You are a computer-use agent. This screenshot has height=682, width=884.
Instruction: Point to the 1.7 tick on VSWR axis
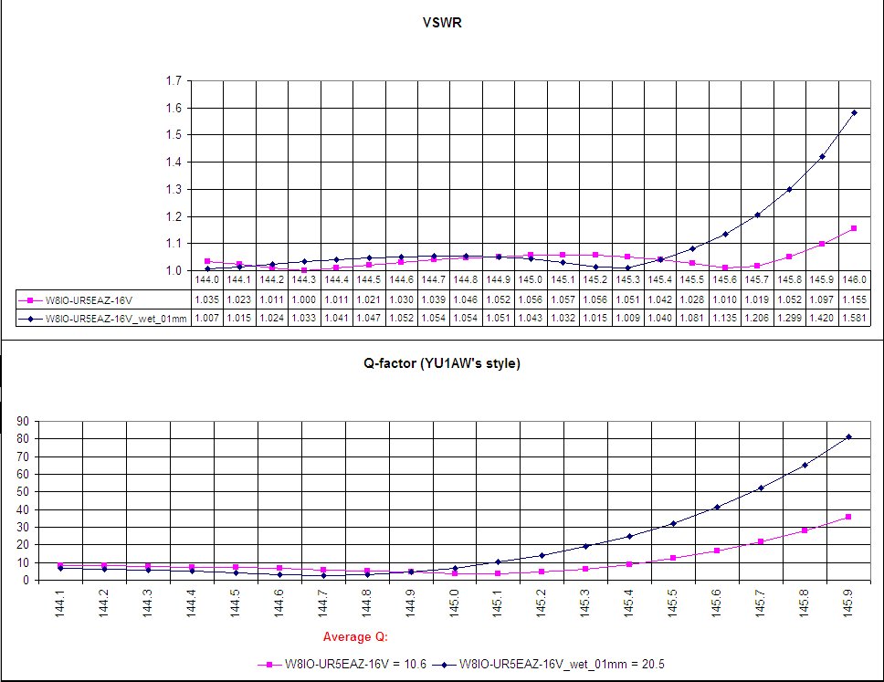174,81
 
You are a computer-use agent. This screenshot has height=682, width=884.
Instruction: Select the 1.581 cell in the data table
854,316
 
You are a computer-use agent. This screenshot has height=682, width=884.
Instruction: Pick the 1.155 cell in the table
854,299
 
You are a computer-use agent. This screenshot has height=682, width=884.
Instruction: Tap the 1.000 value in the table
304,299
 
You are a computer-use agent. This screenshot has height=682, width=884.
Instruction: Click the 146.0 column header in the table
854,280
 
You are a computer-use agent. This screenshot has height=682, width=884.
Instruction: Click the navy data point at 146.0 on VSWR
854,113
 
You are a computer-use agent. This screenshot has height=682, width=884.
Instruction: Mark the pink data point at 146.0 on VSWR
854,228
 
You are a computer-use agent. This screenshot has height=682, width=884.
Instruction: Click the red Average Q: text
358,636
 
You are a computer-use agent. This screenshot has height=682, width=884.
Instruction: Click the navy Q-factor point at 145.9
848,436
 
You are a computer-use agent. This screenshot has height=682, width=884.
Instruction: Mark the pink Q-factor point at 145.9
848,517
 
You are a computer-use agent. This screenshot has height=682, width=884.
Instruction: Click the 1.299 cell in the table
789,316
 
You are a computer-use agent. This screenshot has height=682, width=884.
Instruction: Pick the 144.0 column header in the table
207,280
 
